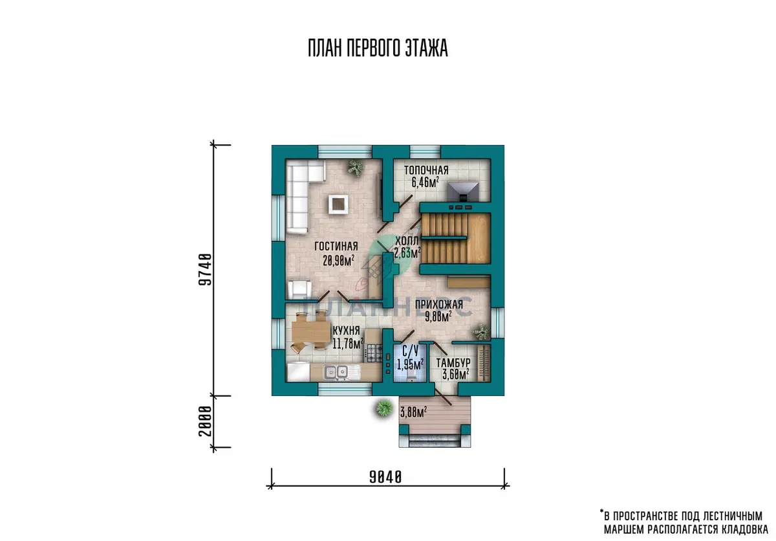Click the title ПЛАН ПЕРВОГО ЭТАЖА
[378, 48]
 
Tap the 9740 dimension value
[205, 270]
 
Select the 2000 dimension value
[205, 421]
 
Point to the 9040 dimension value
[385, 477]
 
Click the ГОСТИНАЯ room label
[336, 246]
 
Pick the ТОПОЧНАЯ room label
[426, 170]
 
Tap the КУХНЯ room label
[346, 330]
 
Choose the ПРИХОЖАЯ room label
[439, 304]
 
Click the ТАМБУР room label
[453, 363]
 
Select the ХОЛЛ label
[407, 240]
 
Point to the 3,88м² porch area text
[413, 412]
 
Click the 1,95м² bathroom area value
[410, 364]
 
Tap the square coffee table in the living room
[338, 204]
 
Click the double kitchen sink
[336, 373]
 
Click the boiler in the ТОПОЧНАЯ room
[463, 192]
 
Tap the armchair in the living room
[299, 289]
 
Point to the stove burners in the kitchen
[374, 353]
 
